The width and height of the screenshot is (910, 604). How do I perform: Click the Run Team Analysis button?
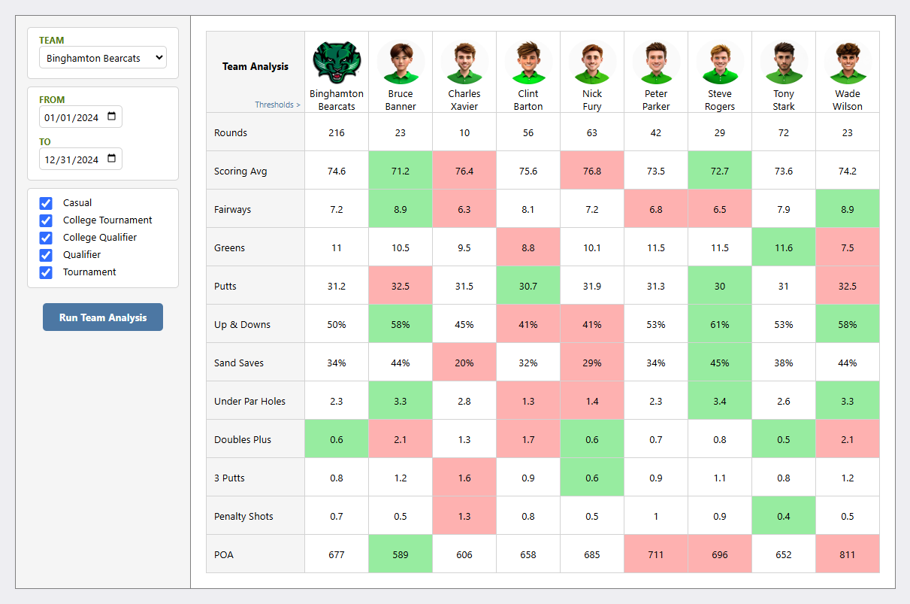pyautogui.click(x=103, y=317)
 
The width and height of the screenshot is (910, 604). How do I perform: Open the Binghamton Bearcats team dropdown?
pyautogui.click(x=103, y=58)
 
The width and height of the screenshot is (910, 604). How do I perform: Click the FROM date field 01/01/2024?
pyautogui.click(x=80, y=117)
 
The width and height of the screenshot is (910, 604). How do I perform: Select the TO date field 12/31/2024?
pyautogui.click(x=80, y=159)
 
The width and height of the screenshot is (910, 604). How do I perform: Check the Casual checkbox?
pyautogui.click(x=46, y=203)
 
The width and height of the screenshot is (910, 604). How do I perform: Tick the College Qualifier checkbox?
pyautogui.click(x=46, y=238)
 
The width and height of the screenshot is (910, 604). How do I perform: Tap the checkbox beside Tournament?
pyautogui.click(x=46, y=272)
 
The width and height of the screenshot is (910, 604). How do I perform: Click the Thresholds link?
pyautogui.click(x=277, y=105)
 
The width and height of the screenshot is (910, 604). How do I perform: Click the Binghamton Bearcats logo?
pyautogui.click(x=337, y=62)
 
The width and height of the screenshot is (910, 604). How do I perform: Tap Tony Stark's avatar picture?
pyautogui.click(x=784, y=62)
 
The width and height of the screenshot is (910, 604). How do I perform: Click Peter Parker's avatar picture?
pyautogui.click(x=656, y=62)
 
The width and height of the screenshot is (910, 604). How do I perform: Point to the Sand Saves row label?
pyautogui.click(x=239, y=363)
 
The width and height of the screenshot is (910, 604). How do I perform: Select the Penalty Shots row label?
pyautogui.click(x=243, y=517)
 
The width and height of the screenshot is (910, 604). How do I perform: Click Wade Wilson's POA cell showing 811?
pyautogui.click(x=848, y=555)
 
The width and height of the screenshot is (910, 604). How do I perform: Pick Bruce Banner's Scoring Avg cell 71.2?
pyautogui.click(x=401, y=171)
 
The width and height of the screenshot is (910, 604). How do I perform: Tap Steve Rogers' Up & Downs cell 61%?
pyautogui.click(x=720, y=325)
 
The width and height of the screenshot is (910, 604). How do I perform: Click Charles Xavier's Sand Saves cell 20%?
pyautogui.click(x=464, y=363)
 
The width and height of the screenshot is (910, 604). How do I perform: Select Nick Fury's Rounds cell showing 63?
pyautogui.click(x=592, y=132)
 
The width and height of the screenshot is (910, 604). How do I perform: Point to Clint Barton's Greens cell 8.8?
pyautogui.click(x=528, y=247)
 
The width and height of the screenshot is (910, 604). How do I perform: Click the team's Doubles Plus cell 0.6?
pyautogui.click(x=337, y=440)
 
